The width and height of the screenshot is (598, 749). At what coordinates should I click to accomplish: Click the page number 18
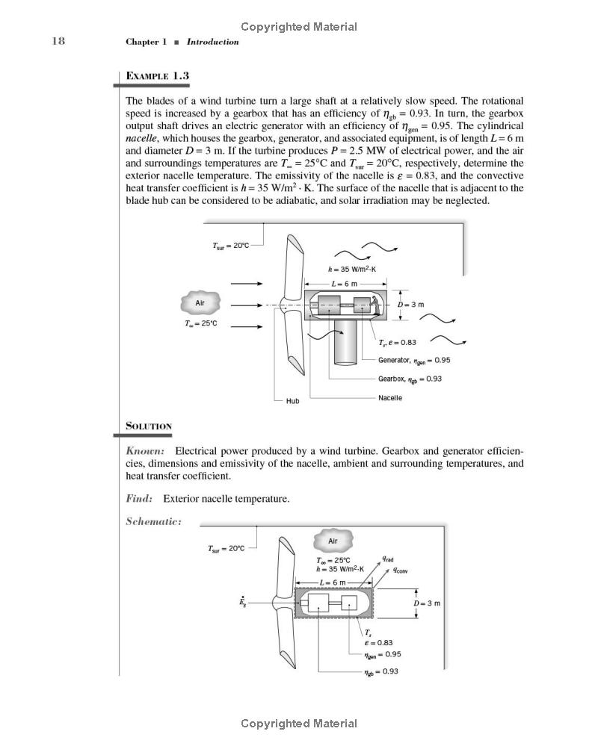(58, 40)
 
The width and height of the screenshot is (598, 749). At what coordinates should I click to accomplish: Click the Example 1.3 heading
(157, 75)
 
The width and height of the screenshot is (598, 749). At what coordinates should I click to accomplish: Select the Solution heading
(149, 426)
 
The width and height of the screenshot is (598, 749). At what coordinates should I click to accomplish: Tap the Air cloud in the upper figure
(200, 303)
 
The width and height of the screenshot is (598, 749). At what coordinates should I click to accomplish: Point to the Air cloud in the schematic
(333, 541)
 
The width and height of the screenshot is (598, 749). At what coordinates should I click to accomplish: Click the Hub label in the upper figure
(292, 401)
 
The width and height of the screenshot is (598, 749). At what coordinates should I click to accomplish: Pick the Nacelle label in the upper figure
(390, 397)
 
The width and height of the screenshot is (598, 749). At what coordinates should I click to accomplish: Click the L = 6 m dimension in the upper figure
(345, 283)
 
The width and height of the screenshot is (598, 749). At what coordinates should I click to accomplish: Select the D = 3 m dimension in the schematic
(427, 603)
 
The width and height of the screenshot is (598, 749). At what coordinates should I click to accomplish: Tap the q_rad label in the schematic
(388, 559)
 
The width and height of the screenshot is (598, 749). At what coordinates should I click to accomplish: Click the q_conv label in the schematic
(400, 570)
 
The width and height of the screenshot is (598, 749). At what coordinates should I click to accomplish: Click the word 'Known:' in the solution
(145, 451)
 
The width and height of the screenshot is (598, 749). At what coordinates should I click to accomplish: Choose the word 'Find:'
(139, 499)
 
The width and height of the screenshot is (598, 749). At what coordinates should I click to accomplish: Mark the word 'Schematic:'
(153, 521)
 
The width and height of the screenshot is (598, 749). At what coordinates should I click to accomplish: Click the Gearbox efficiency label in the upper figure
(410, 379)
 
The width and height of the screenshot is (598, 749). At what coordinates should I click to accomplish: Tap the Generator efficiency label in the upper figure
(414, 360)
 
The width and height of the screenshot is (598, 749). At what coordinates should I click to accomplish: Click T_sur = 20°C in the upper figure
(231, 246)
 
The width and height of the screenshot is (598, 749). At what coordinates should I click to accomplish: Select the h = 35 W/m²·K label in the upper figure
(352, 269)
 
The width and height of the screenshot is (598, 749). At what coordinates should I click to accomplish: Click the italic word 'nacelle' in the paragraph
(142, 139)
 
